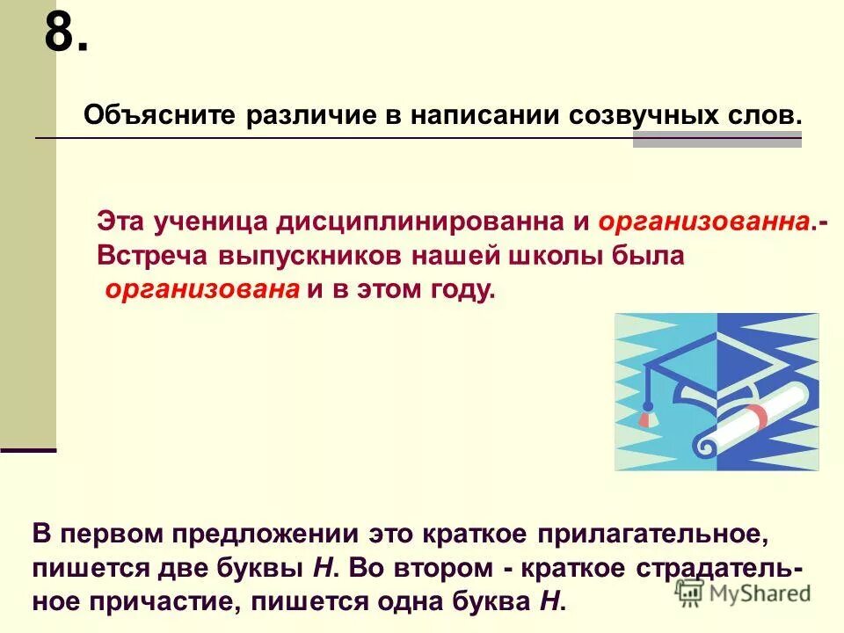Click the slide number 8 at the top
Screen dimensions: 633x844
coord(66,35)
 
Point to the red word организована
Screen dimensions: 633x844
coord(203,290)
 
